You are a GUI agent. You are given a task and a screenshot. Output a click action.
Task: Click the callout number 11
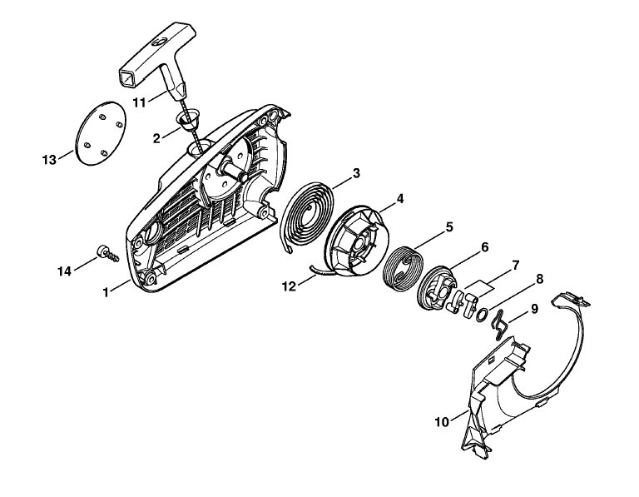(140, 102)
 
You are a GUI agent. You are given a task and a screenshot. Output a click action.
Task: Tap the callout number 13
(49, 160)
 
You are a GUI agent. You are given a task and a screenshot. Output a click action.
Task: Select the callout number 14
(64, 271)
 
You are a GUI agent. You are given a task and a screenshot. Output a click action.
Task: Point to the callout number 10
(442, 422)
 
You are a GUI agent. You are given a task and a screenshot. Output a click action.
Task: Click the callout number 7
(515, 266)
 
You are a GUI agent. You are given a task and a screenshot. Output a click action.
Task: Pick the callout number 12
(289, 286)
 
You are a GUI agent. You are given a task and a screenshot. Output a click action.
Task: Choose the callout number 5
(449, 226)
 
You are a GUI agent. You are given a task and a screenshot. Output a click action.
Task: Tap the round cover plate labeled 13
(101, 133)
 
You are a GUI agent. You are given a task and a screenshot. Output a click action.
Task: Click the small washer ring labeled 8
(481, 314)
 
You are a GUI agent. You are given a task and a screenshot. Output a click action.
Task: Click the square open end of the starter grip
(129, 77)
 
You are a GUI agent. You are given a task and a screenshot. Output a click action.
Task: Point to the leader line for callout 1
(121, 286)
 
